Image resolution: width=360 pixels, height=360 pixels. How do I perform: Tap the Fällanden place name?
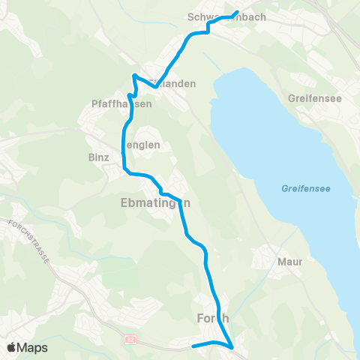172,84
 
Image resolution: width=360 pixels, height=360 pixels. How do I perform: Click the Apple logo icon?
11,347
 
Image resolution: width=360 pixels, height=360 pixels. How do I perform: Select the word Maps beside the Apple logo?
33,347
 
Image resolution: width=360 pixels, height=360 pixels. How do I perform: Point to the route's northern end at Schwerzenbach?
237,12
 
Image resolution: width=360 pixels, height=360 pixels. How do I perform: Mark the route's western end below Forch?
193,346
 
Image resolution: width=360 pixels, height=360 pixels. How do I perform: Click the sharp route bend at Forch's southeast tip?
233,347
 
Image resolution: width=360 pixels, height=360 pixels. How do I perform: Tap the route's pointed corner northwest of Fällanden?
133,76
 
